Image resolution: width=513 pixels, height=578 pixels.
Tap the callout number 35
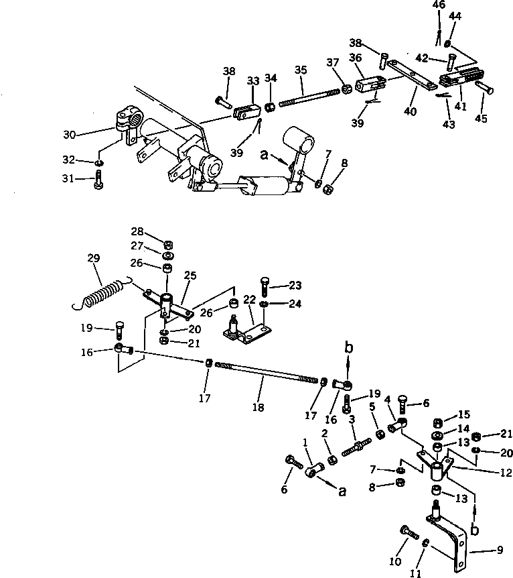[301, 70]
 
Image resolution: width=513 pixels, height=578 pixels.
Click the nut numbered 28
[168, 243]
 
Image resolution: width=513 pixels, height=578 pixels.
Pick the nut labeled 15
[437, 422]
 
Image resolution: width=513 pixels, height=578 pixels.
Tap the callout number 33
[252, 80]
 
